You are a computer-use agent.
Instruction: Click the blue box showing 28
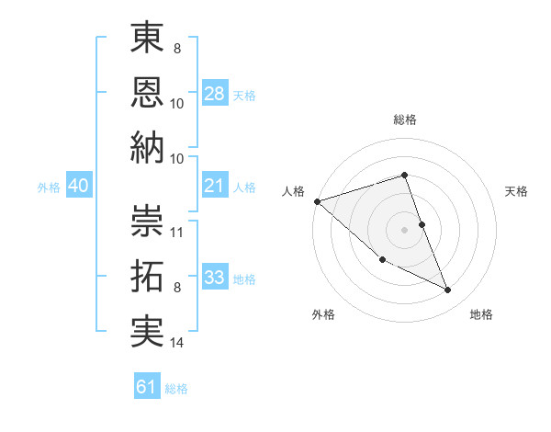point(215,94)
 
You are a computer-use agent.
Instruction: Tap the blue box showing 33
point(215,278)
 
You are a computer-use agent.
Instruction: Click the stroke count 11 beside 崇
point(178,232)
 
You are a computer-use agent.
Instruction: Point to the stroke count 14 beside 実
point(178,343)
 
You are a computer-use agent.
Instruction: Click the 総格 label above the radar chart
point(404,119)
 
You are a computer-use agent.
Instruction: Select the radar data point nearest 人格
point(316,200)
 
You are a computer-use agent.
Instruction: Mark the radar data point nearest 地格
point(448,290)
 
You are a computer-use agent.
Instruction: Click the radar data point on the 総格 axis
point(404,175)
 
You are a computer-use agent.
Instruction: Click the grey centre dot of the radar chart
point(404,229)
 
